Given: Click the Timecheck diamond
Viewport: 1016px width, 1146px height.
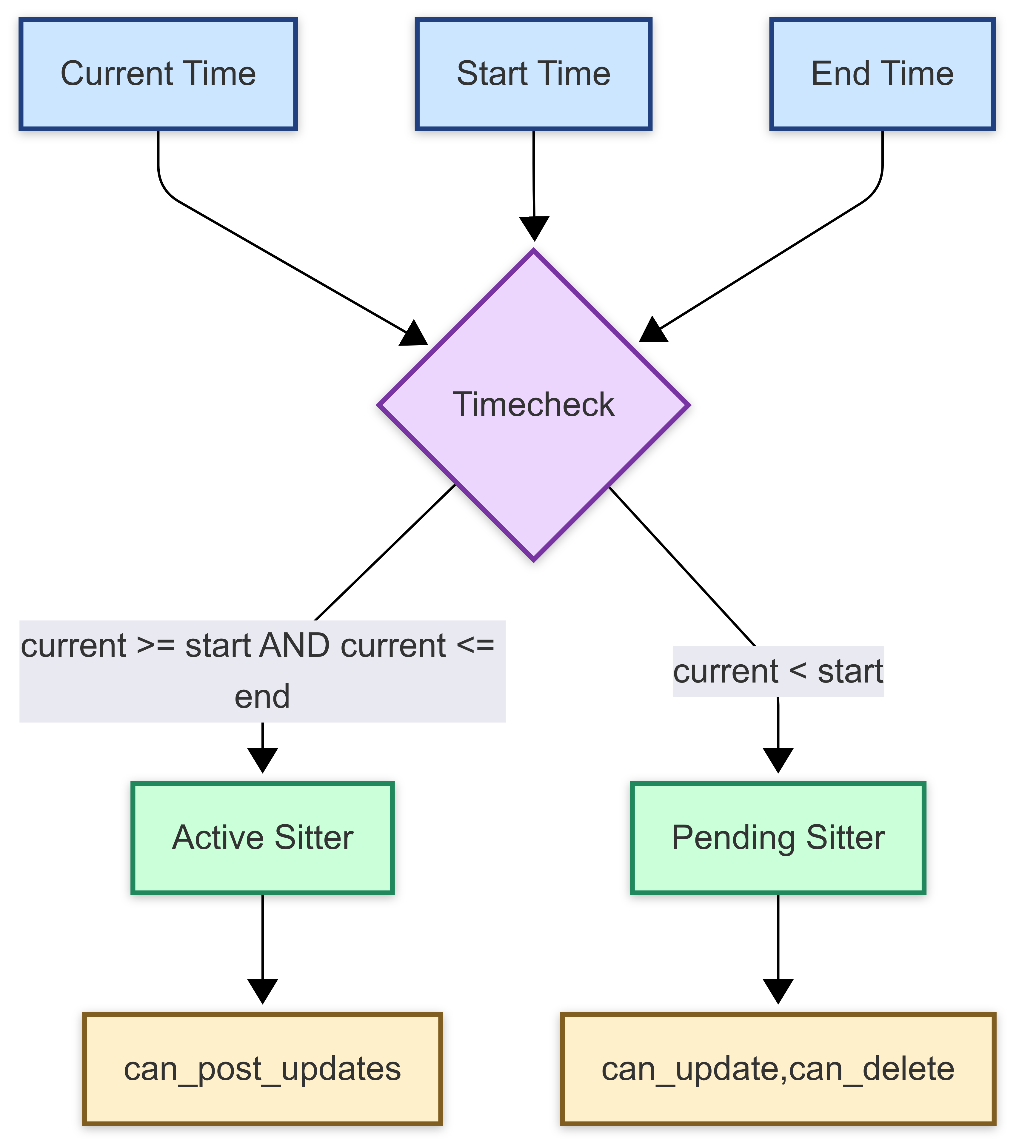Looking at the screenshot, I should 533,405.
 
